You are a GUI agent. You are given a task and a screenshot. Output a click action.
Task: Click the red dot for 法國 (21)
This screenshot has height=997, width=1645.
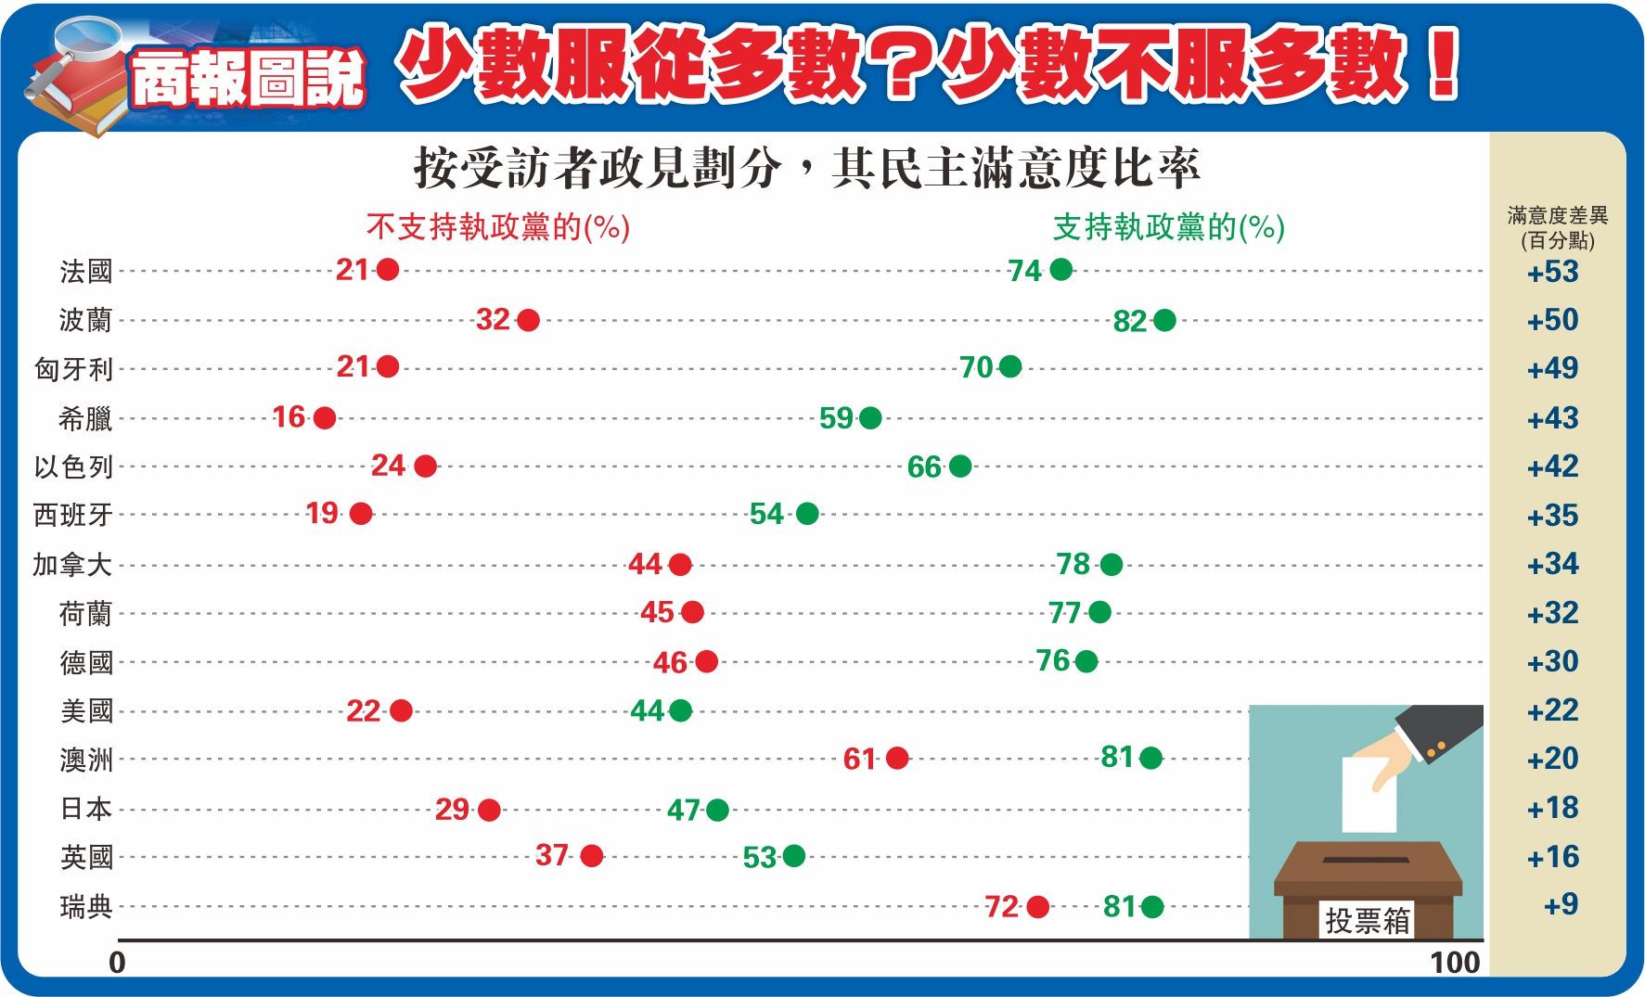click(388, 270)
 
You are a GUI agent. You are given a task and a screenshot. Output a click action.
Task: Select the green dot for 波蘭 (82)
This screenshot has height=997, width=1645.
click(1164, 320)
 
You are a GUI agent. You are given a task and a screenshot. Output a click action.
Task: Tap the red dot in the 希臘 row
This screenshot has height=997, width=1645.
click(325, 417)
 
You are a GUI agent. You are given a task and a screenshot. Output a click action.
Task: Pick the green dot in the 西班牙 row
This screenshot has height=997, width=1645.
click(807, 513)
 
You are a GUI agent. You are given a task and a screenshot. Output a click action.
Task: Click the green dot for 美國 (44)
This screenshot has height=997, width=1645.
click(680, 710)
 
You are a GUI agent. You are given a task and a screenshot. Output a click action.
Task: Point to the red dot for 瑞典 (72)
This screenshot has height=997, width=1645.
click(1037, 906)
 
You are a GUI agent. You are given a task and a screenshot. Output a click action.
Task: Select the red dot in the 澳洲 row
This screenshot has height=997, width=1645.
click(897, 758)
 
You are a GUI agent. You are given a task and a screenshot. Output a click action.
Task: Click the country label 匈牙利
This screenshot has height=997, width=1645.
click(73, 369)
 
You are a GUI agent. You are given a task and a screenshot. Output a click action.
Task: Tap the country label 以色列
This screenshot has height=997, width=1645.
click(73, 467)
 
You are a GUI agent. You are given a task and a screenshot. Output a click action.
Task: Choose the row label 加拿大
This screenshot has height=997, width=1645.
click(72, 564)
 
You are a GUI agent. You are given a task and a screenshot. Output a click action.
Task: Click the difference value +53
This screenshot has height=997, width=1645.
click(1553, 272)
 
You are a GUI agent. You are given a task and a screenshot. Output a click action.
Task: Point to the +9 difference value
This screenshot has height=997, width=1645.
click(1561, 904)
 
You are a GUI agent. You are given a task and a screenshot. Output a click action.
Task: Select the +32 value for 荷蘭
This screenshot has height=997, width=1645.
click(1553, 613)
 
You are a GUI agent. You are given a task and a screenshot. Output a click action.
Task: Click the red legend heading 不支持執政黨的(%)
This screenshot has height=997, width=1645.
click(498, 227)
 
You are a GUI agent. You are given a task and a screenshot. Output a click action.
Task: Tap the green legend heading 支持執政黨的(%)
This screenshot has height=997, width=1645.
click(1169, 227)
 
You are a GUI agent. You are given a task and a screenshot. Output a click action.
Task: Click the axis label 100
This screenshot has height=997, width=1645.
click(1455, 963)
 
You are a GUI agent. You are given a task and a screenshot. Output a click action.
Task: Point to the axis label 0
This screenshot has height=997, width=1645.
click(117, 963)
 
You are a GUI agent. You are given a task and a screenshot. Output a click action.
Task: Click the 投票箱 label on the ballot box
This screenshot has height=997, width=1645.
click(1368, 920)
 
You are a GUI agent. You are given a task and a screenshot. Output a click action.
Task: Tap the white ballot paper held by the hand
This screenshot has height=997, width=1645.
click(1369, 794)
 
